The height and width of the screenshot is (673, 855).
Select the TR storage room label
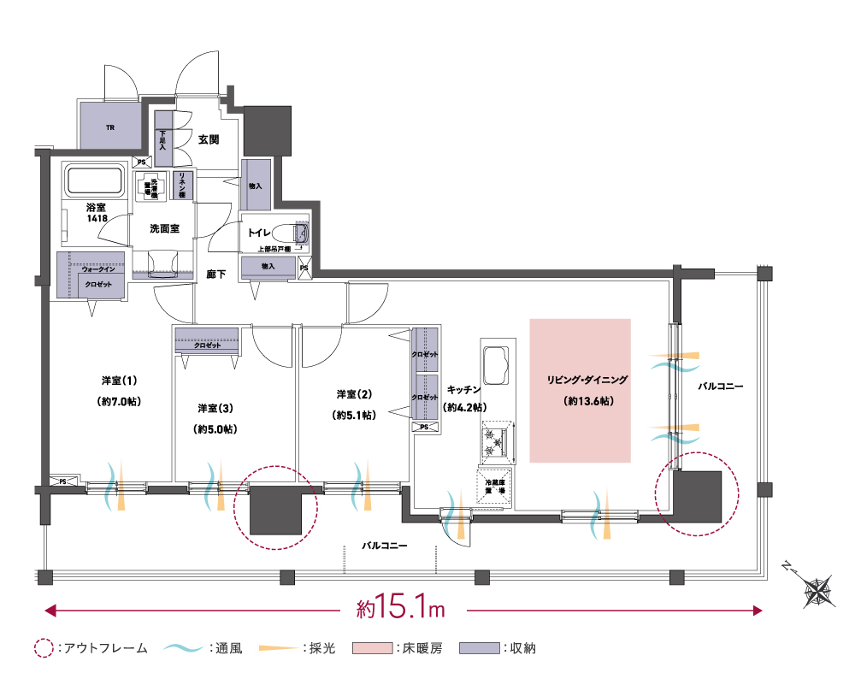[x=109, y=127]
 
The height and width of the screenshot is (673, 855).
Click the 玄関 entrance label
[x=208, y=139]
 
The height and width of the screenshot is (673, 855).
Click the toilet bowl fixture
[x=300, y=233]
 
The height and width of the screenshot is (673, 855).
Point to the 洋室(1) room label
[x=118, y=380]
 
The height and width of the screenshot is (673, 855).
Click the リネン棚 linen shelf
[x=182, y=185]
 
